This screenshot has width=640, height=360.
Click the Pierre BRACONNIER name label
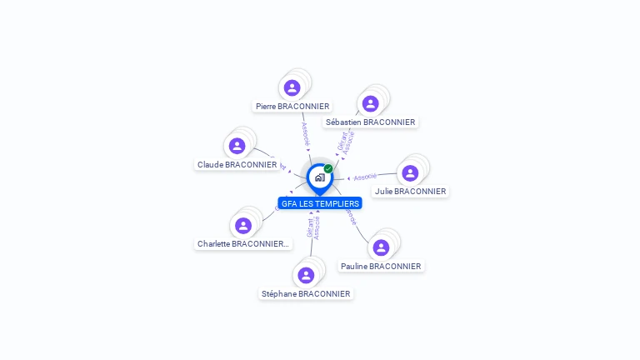pos(292,107)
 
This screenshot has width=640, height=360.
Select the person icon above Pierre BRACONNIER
pos(292,87)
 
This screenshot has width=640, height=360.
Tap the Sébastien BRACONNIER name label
pos(370,122)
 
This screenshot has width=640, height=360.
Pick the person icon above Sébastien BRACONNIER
pos(371,103)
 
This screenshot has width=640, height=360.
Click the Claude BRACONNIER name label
pos(237,165)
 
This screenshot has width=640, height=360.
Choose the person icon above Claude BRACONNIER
pos(237,146)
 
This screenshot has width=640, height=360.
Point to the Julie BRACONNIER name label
pos(410,191)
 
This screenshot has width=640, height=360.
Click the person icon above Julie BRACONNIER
pos(410,172)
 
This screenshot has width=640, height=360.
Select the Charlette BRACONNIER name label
pos(242,244)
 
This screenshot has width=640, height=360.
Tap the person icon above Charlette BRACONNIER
pos(243,226)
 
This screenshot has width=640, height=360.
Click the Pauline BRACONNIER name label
pos(381,267)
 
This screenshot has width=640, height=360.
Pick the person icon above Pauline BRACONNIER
pos(381,247)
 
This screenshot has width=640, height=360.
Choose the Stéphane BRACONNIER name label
pos(306,293)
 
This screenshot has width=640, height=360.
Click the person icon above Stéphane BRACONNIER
pos(306,275)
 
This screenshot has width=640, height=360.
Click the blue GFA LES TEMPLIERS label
pos(320,203)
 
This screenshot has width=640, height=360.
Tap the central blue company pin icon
pos(319,177)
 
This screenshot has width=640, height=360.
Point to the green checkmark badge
pos(328,168)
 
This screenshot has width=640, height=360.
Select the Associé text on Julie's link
pos(365,177)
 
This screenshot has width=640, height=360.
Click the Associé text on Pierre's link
pos(305,133)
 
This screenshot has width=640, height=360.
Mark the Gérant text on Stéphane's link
pos(310,228)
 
